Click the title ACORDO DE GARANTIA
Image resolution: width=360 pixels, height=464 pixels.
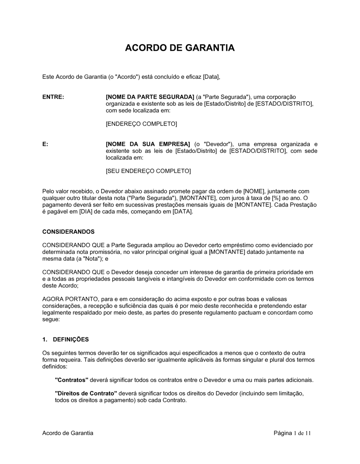pos(180,48)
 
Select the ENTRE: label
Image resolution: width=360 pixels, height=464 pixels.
pos(53,97)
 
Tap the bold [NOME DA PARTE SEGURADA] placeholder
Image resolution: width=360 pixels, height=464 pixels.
pos(150,97)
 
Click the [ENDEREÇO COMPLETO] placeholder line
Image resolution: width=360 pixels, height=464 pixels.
pos(141,124)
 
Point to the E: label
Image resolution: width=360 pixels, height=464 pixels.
pos(45,144)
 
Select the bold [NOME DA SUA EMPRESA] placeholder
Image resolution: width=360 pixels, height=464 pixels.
pos(148,144)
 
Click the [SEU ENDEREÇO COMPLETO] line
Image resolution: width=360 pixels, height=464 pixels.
pos(148,171)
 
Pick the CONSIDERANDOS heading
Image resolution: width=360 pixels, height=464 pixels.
pos(68,232)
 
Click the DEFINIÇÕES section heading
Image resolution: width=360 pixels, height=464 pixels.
pos(71,340)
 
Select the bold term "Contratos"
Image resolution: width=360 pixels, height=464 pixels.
pos(72,380)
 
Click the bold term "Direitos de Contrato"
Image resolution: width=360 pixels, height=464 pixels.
pos(86,394)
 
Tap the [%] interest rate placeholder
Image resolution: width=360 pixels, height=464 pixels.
pos(276,198)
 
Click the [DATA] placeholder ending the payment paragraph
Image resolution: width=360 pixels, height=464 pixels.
pos(183,212)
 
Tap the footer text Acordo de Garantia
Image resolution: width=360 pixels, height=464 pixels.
pos(68,433)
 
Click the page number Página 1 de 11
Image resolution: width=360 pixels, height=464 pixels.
pos(292,433)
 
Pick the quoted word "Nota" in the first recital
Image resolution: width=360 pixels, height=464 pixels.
pos(92,259)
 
